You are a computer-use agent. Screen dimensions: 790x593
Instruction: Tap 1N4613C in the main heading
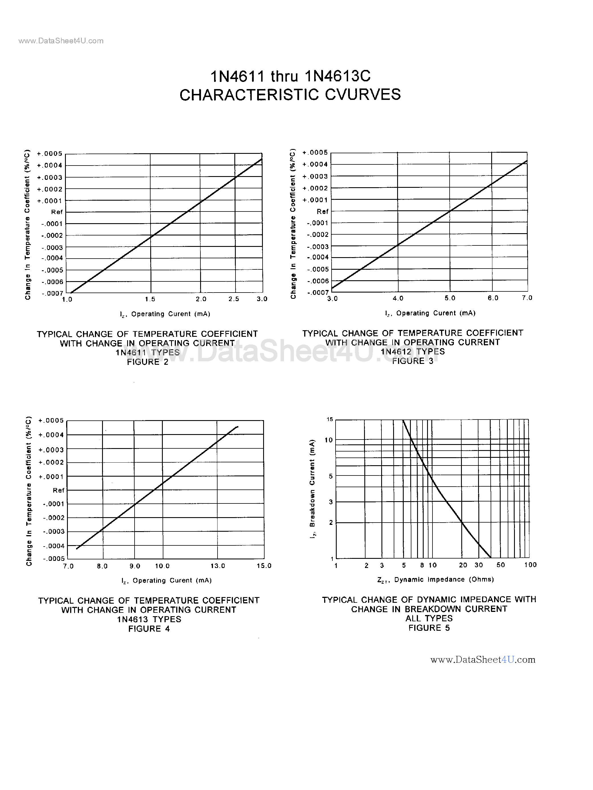[338, 76]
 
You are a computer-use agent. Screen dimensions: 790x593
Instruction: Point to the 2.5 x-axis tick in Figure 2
[234, 299]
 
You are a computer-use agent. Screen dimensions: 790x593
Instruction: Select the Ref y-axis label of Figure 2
[57, 212]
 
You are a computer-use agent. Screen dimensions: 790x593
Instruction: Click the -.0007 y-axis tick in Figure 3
[318, 293]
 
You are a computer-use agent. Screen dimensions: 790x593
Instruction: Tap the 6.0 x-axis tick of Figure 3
[493, 298]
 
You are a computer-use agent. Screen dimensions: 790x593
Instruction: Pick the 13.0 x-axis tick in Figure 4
[218, 566]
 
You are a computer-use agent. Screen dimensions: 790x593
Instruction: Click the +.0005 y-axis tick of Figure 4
[51, 420]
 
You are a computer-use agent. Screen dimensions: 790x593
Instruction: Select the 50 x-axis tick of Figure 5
[501, 565]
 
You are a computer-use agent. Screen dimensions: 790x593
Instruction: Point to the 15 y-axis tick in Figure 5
[330, 419]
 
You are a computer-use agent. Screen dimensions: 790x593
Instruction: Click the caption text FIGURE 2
[147, 362]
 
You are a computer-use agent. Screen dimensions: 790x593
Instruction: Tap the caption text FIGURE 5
[429, 628]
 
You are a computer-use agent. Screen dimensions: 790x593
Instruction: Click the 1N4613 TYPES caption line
[149, 619]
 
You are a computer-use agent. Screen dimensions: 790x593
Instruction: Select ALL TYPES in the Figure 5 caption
[429, 618]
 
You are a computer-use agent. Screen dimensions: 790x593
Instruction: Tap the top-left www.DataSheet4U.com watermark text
[61, 41]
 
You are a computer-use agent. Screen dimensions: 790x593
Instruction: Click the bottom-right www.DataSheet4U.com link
[483, 660]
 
